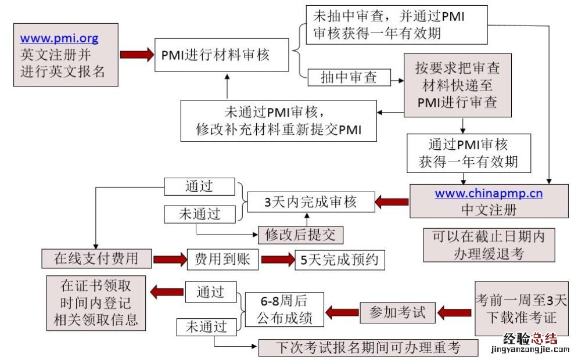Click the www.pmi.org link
(59, 39)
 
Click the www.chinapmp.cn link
(489, 194)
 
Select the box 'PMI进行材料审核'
(221, 55)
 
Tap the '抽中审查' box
(349, 77)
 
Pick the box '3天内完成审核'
(310, 202)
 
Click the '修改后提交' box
(300, 235)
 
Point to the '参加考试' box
(398, 313)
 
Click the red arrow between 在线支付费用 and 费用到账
(169, 260)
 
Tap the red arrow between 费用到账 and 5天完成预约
(278, 260)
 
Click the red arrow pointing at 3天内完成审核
(392, 202)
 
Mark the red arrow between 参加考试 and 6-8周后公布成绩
(341, 313)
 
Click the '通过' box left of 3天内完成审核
(199, 186)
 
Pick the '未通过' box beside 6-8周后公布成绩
(202, 327)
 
